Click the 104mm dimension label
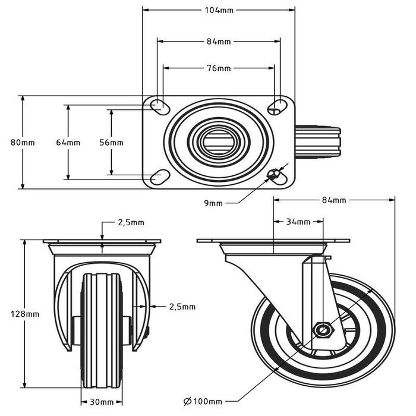pyautogui.click(x=219, y=10)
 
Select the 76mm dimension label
pyautogui.click(x=219, y=68)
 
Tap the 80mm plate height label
pyautogui.click(x=23, y=143)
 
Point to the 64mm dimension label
pyautogui.click(x=68, y=143)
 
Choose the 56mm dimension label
pyautogui.click(x=111, y=143)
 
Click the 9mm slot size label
pyautogui.click(x=213, y=203)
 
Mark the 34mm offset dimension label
pyautogui.click(x=298, y=222)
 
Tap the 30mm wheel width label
pyautogui.click(x=98, y=402)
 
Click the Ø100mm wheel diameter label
pyautogui.click(x=203, y=402)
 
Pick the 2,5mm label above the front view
pyautogui.click(x=131, y=223)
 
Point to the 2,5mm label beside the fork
pyautogui.click(x=182, y=307)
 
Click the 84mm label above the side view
pyautogui.click(x=334, y=200)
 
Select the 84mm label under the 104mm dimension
pyautogui.click(x=219, y=42)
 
